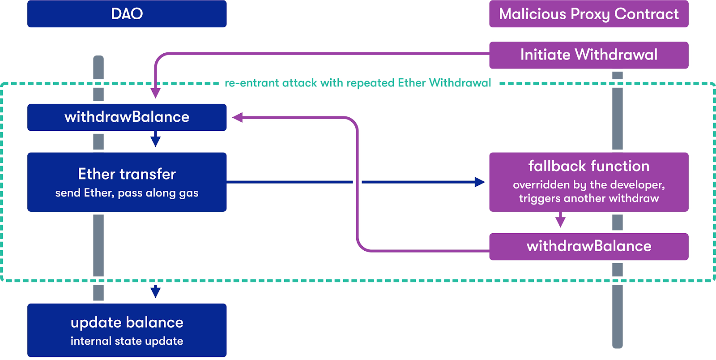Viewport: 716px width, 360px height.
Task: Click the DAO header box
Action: point(127,14)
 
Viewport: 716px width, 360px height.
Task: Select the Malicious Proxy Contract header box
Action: point(589,14)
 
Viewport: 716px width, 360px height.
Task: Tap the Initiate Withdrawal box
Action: point(589,55)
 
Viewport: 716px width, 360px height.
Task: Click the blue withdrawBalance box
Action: point(127,117)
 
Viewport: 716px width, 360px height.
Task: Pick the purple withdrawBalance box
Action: point(589,247)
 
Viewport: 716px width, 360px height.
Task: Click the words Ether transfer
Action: point(127,174)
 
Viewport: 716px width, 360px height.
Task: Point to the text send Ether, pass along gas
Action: point(127,193)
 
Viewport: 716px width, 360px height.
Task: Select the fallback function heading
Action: point(589,166)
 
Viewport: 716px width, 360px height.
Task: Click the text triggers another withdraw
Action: point(589,198)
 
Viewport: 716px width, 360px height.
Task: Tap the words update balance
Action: point(127,322)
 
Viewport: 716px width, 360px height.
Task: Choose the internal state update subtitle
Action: point(127,341)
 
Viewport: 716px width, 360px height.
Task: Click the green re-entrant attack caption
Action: point(358,83)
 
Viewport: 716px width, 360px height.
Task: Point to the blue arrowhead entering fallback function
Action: point(480,182)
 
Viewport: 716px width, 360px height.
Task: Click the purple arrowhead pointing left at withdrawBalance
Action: point(238,117)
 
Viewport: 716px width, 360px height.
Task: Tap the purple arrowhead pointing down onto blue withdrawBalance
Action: point(155,93)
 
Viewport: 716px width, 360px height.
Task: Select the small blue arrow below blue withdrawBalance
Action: point(155,139)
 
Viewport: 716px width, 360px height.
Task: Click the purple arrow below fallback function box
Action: point(560,220)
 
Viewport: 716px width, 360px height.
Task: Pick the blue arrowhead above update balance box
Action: point(155,291)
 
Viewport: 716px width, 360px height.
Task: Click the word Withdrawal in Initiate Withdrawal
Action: point(616,55)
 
